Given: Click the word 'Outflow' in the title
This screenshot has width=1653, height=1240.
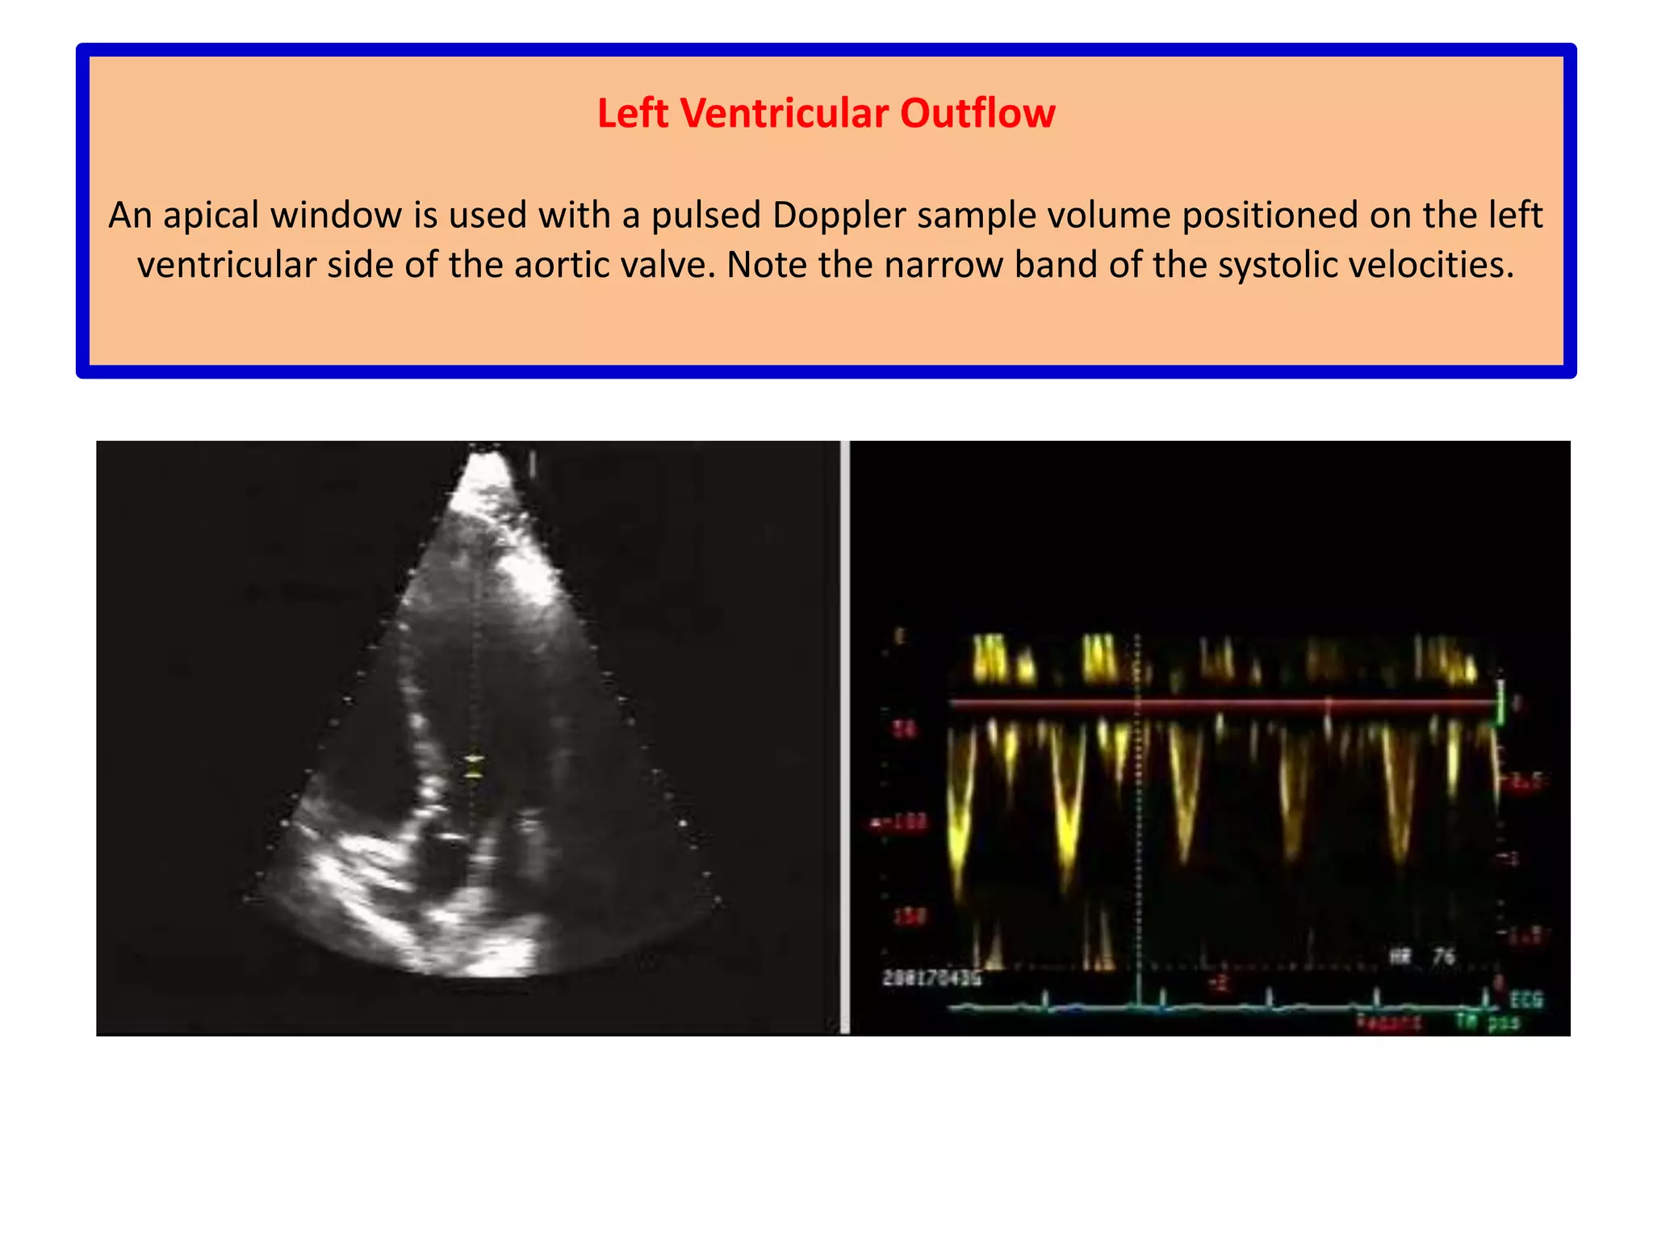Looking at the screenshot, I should click(977, 113).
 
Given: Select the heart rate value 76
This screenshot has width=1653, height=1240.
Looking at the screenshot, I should click(1444, 957).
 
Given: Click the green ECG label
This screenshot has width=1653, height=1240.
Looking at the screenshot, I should click(1525, 1000).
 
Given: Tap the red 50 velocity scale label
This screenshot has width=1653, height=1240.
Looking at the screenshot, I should click(903, 730).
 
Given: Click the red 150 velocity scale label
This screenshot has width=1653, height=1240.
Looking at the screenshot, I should click(908, 916).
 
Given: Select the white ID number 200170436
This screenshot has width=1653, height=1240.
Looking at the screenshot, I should click(932, 978).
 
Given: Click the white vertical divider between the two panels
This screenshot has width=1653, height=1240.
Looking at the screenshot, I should click(844, 736).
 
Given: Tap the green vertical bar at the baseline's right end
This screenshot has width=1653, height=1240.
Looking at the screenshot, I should click(1501, 702).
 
